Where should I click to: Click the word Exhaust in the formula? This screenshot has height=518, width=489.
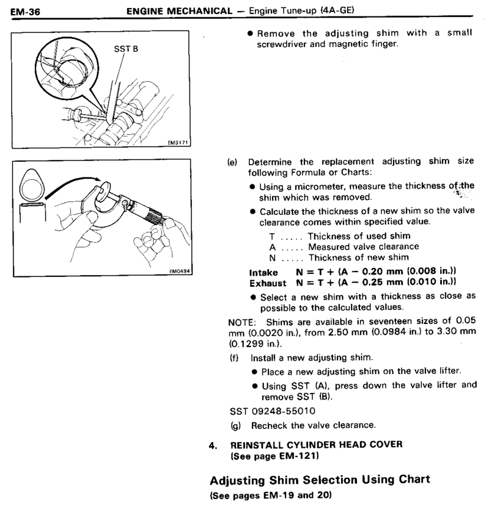pyautogui.click(x=268, y=283)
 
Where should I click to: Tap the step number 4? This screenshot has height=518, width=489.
pyautogui.click(x=213, y=445)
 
